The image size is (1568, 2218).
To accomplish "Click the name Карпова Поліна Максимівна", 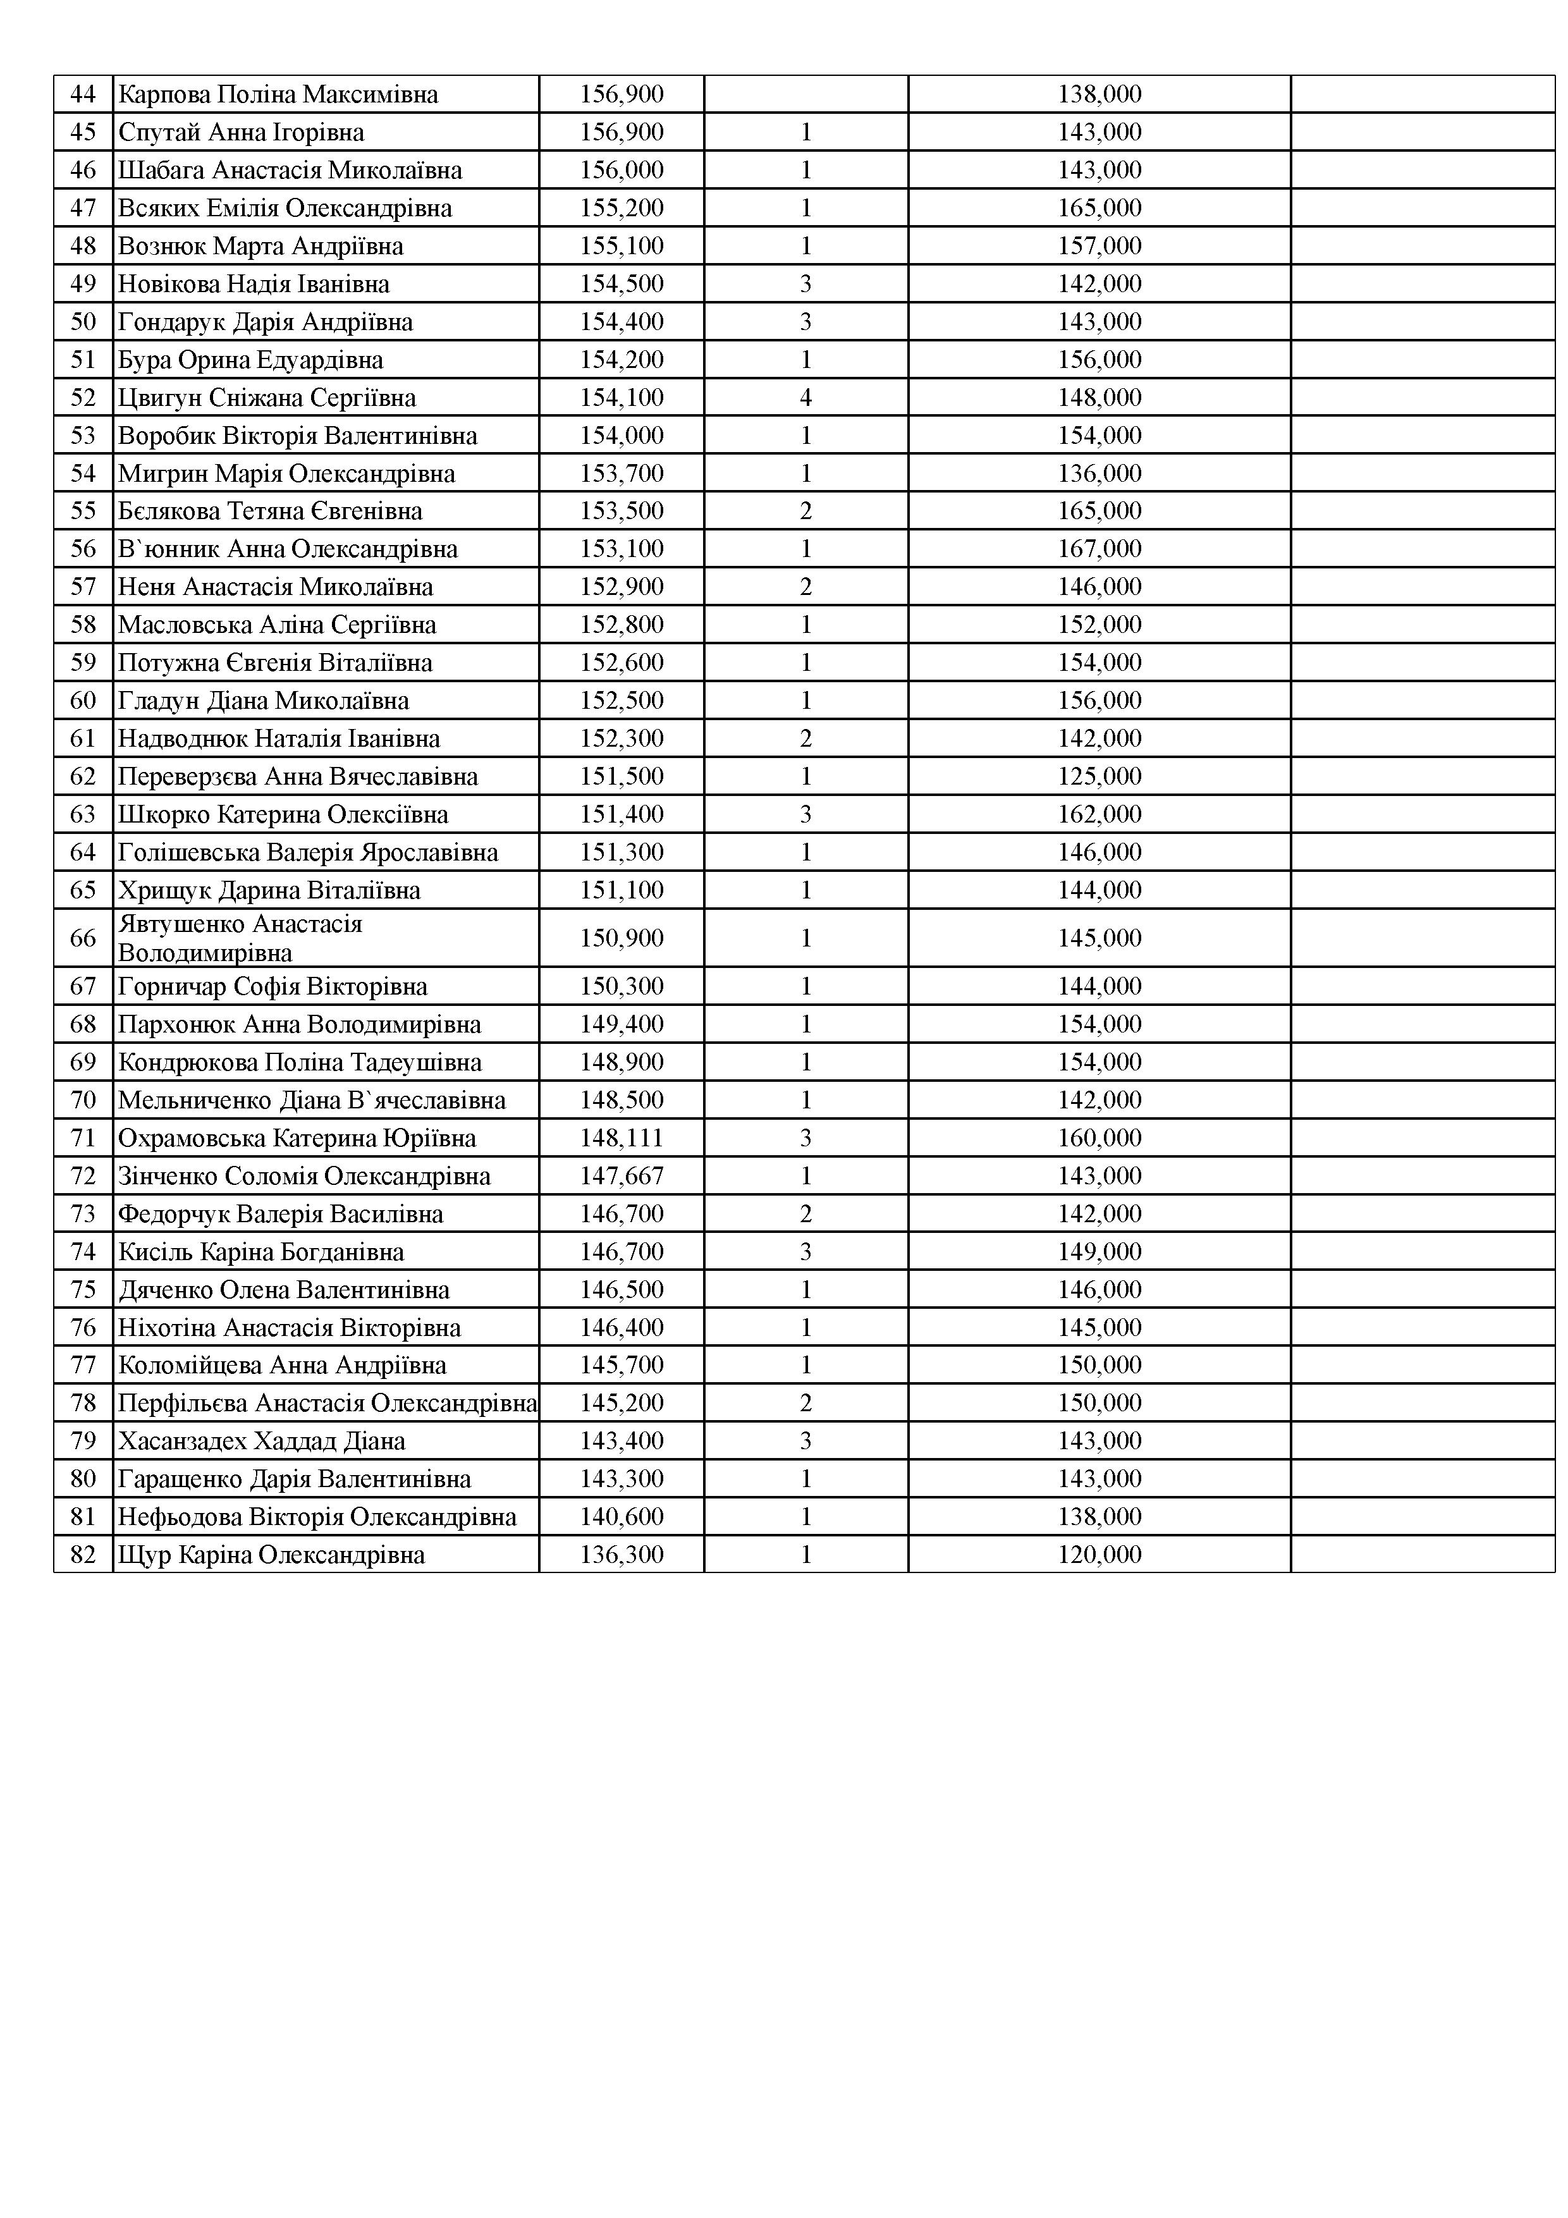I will (278, 95).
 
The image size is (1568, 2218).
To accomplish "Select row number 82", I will (83, 1554).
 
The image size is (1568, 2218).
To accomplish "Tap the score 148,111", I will (622, 1138).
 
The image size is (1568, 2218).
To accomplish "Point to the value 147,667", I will (622, 1175).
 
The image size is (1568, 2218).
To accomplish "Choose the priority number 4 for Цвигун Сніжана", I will (805, 398).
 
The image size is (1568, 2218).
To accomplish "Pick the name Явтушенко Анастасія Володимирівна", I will (240, 938).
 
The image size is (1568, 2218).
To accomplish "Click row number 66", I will (83, 938).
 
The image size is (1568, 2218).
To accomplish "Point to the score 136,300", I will (622, 1554).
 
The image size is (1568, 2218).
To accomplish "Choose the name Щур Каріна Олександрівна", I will (271, 1554).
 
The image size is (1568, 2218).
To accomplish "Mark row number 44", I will (83, 95).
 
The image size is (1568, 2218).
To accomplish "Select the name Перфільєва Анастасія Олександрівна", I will (326, 1402).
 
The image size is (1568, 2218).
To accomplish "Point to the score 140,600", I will (622, 1517).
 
